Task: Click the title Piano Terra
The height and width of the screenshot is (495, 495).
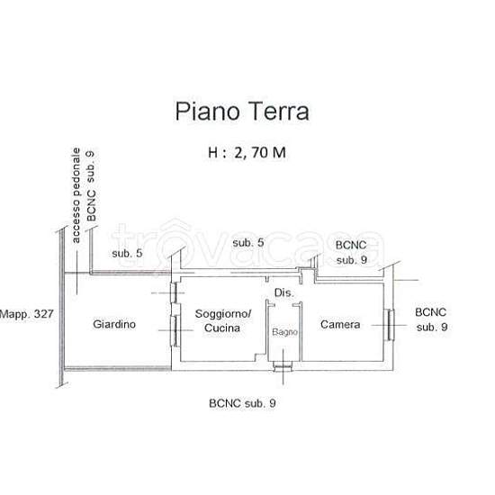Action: coord(242,111)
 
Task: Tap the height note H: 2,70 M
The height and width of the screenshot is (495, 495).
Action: coord(247,153)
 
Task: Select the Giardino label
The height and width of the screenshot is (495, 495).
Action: coord(114,324)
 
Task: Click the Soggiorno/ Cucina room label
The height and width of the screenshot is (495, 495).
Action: coord(223,320)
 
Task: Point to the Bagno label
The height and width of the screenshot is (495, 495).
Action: coord(284,332)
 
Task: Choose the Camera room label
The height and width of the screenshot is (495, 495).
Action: coord(340,325)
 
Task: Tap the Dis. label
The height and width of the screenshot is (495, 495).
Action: coord(284,293)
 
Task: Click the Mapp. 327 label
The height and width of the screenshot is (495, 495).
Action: coord(26,314)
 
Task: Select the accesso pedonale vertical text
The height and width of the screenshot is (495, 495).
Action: coord(76,195)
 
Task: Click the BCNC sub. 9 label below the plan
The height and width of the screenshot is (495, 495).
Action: coord(242,403)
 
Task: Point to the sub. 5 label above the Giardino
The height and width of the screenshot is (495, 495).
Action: coord(127,254)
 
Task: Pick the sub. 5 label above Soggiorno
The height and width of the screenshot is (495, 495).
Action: coord(248,243)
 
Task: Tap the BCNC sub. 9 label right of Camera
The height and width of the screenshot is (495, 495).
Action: coord(431,319)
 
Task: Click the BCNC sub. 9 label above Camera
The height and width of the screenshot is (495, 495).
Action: coord(351,253)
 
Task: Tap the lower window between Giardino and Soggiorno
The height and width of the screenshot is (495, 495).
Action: coord(175,331)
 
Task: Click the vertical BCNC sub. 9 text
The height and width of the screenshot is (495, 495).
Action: coord(91,186)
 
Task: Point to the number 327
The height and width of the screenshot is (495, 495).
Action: coord(43,314)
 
